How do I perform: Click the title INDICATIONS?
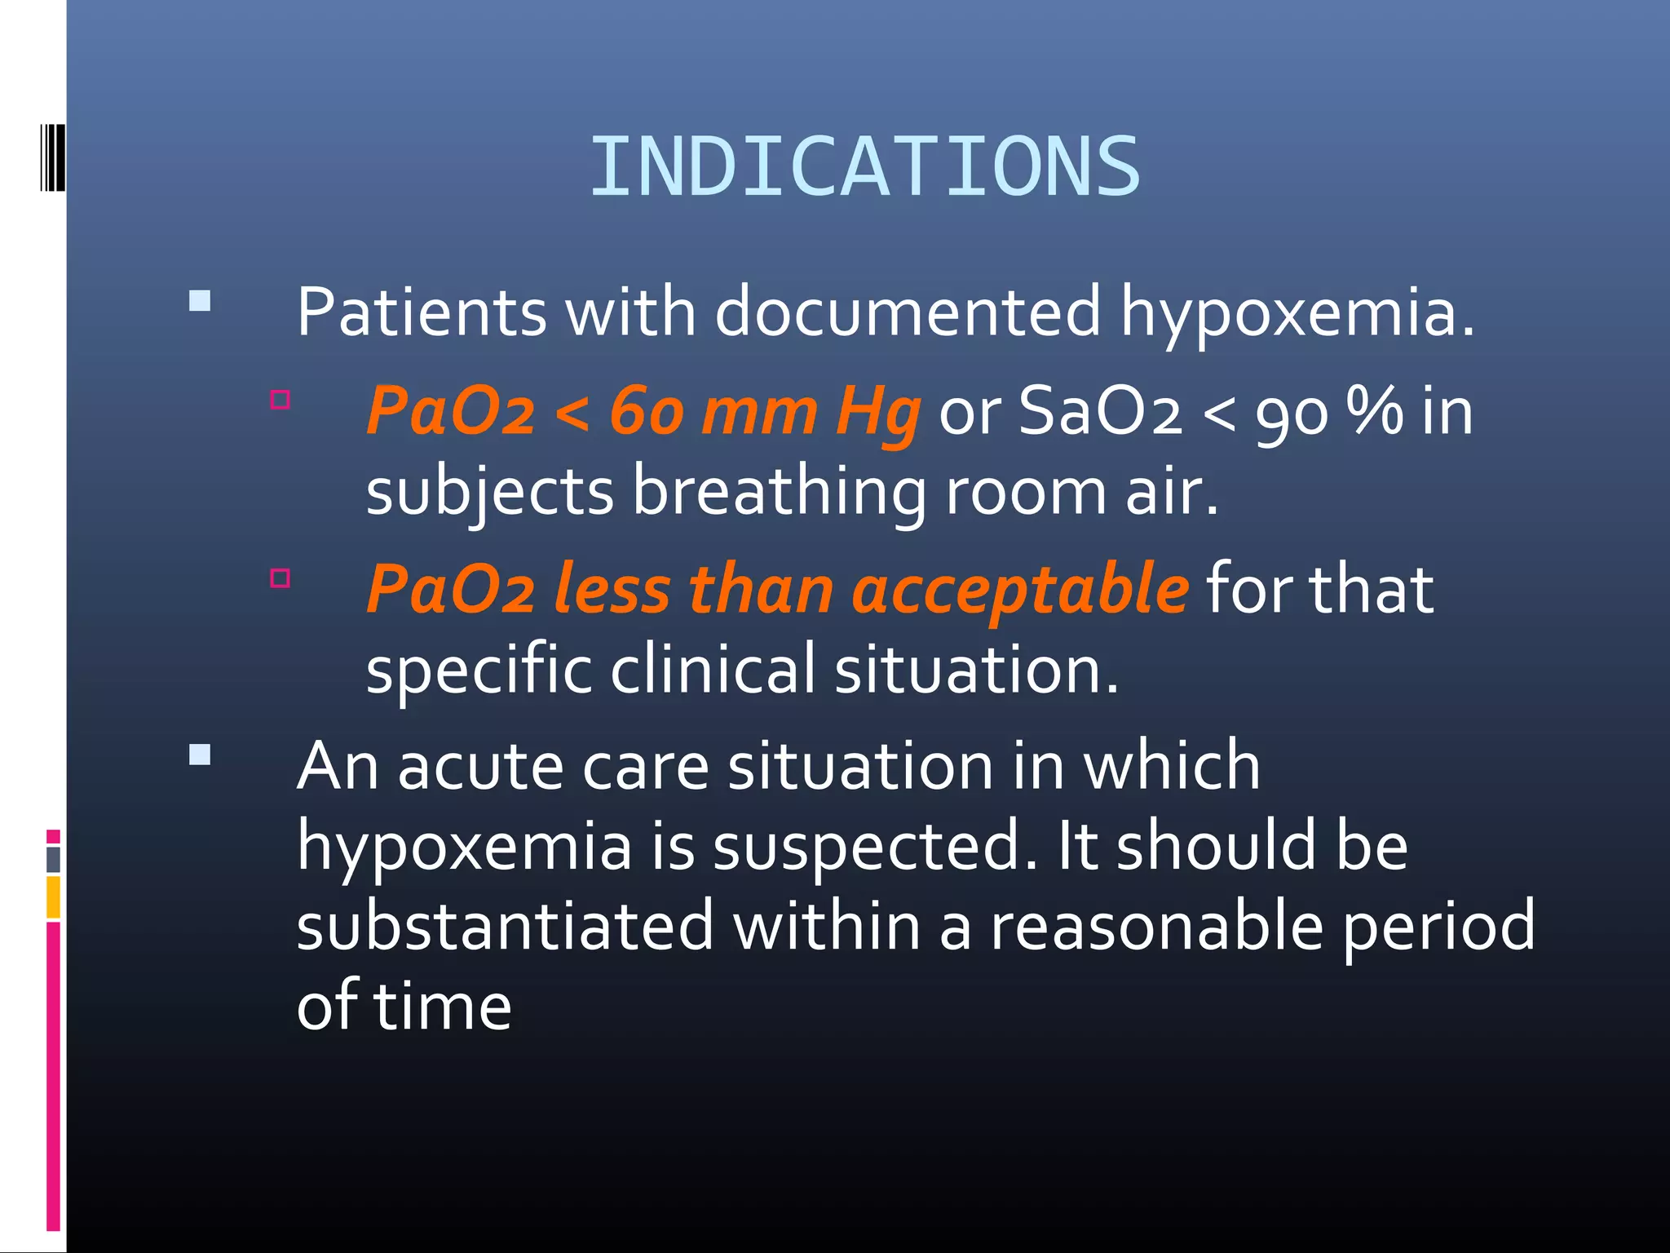pos(864,167)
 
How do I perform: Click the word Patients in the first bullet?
pos(421,312)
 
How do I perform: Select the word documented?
pos(908,312)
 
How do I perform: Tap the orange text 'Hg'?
pos(877,412)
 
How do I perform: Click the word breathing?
pos(779,492)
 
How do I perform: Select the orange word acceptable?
pos(1020,589)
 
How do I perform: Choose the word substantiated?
pos(505,926)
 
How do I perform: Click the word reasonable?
pos(1156,926)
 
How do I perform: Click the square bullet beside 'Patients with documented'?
pos(200,301)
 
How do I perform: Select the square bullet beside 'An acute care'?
pos(200,755)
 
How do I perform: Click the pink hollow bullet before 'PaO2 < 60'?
pos(281,400)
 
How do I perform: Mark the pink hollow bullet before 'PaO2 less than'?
pos(281,578)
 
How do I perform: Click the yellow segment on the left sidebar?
pos(54,897)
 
